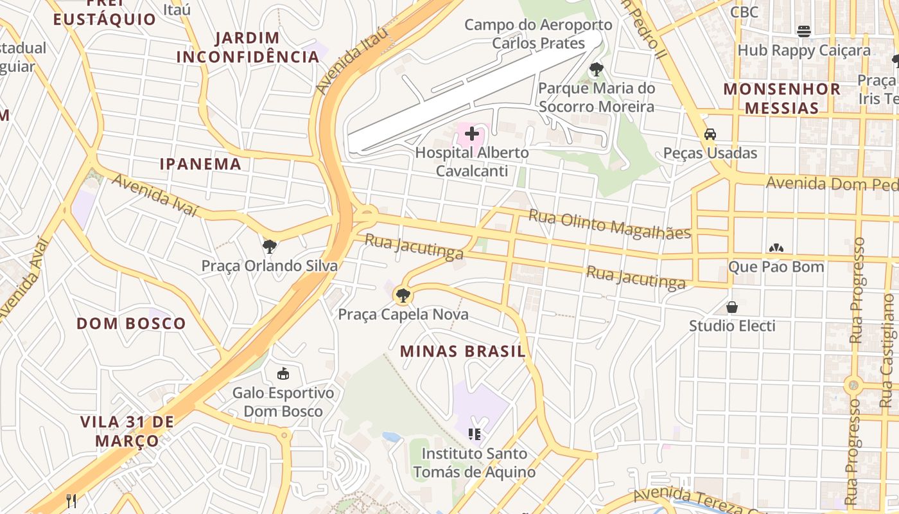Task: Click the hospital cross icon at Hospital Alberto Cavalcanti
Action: click(472, 134)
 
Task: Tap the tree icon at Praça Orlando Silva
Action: click(270, 246)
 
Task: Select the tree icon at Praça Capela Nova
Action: click(403, 296)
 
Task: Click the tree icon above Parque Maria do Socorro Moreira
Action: click(596, 69)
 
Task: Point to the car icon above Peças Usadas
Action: click(710, 134)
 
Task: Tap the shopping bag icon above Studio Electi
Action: click(732, 307)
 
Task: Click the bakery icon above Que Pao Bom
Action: click(776, 247)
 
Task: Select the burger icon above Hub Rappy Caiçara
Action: click(803, 31)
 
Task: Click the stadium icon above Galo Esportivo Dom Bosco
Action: click(283, 373)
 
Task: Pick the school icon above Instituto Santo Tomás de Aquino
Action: click(475, 434)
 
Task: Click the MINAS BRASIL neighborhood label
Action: click(462, 351)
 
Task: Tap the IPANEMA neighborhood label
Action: click(200, 164)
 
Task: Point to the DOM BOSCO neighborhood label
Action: click(131, 323)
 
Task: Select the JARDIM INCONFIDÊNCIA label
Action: click(248, 47)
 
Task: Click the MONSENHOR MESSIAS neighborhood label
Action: click(781, 98)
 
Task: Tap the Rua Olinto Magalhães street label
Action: click(609, 224)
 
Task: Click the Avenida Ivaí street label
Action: click(155, 195)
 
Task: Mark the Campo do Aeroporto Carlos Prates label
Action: click(538, 34)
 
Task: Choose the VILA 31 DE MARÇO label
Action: click(127, 431)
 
